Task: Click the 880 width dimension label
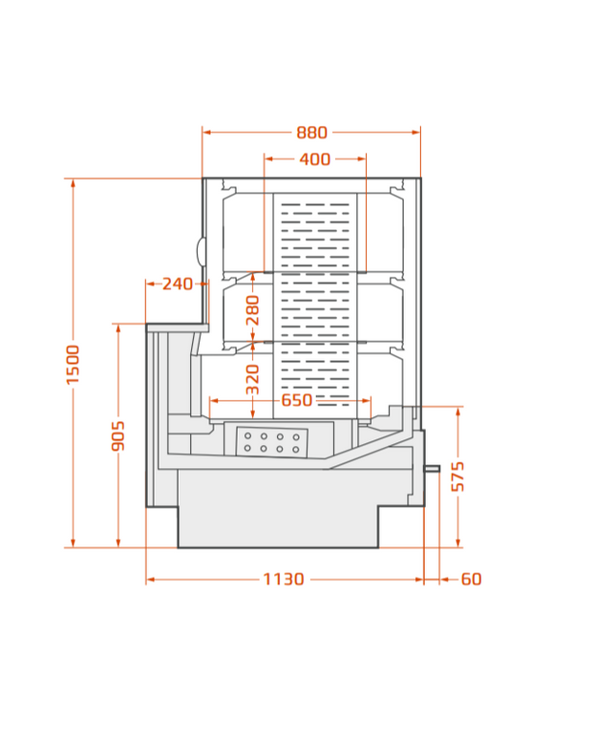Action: pos(311,133)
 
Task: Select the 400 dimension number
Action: pos(315,159)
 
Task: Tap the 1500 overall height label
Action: pos(73,365)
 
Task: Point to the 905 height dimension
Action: pos(117,436)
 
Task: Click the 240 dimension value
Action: pos(178,284)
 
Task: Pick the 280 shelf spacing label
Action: pos(253,310)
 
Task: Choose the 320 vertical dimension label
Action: pos(253,379)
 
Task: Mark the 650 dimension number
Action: pos(297,400)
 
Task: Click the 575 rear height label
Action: pos(457,477)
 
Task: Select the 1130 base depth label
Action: pos(284,580)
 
